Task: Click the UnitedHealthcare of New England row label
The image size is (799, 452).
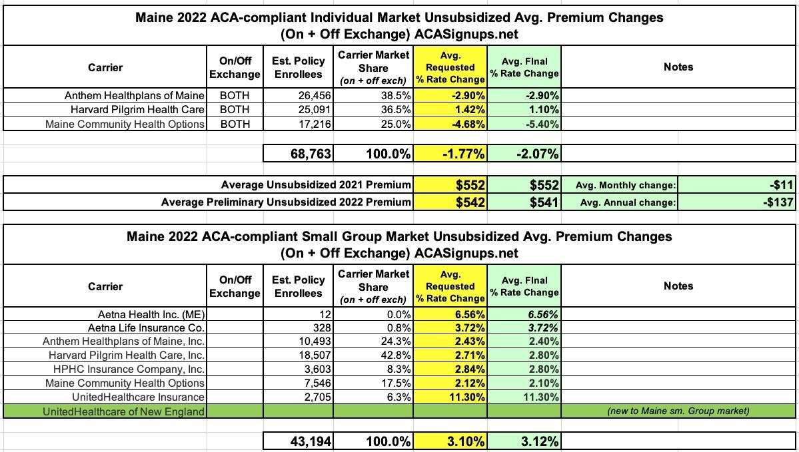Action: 123,411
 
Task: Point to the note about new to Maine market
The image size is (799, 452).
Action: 678,411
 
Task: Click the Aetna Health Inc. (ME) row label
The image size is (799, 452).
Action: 151,314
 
